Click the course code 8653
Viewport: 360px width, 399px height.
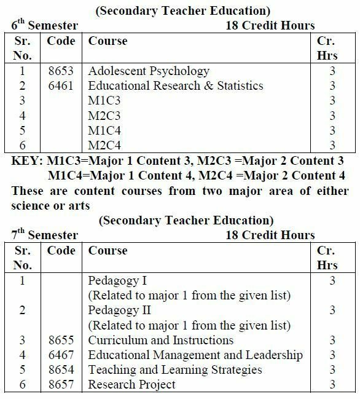[61, 71]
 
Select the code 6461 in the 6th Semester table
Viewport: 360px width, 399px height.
[61, 85]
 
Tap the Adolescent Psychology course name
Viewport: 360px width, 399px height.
[149, 71]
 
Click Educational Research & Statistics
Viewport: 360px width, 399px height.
[176, 85]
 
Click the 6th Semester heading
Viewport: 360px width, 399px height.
[44, 25]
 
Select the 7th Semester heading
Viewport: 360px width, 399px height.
[44, 235]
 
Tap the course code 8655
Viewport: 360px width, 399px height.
[61, 340]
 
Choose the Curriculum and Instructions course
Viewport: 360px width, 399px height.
[161, 340]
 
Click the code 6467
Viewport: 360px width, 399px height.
[61, 355]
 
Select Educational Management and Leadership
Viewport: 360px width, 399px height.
[195, 355]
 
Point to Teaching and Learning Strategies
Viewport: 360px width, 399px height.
[175, 369]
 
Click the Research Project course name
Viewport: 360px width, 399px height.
[131, 385]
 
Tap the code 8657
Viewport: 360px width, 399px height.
[61, 385]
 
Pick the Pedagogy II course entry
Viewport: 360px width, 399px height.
[119, 310]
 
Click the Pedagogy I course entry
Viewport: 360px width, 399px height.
[117, 281]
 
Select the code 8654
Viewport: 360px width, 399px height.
[61, 369]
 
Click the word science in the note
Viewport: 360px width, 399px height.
[32, 205]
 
